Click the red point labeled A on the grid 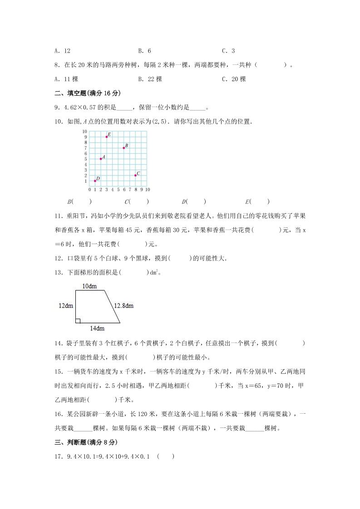click(101, 159)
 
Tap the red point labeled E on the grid click(107, 137)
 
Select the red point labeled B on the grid click(123, 147)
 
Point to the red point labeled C click(135, 175)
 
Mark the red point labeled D click(95, 181)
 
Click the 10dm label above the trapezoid click(89, 286)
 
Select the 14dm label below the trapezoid click(97, 328)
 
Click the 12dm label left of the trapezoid click(66, 306)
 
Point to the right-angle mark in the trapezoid click(78, 321)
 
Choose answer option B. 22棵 click(150, 79)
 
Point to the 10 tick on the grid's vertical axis click(84, 131)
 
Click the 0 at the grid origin click(89, 189)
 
